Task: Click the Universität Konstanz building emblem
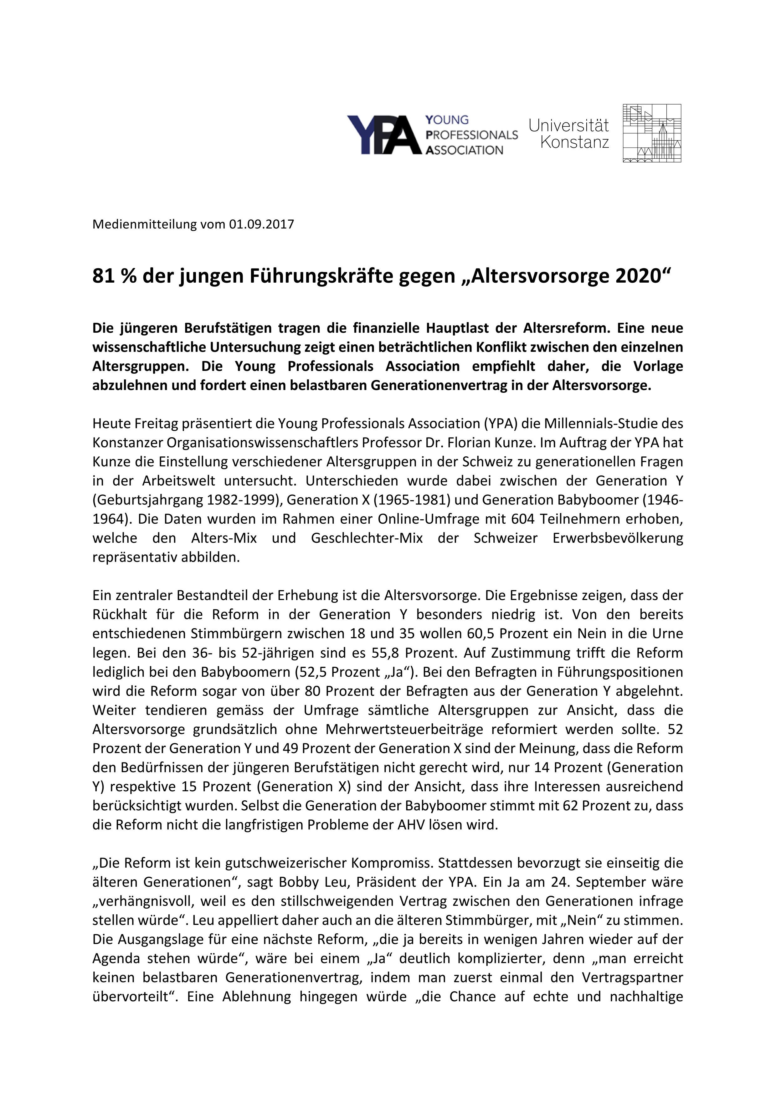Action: (x=652, y=133)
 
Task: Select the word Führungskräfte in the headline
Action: (x=300, y=276)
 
